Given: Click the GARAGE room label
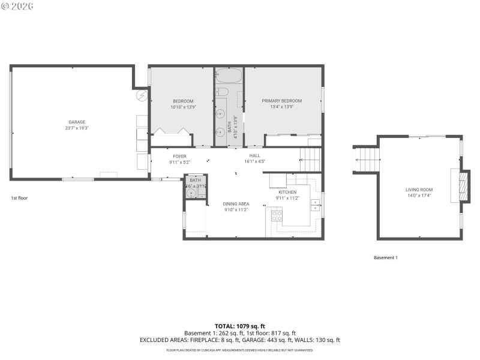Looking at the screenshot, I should tap(76, 122).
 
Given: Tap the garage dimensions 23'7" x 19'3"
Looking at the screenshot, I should tap(76, 128).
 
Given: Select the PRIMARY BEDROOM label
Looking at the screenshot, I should tap(281, 101).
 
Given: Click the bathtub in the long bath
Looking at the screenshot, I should tap(229, 76).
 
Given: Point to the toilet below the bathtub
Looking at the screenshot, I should tap(221, 92).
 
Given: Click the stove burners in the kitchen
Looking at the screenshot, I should tap(277, 215).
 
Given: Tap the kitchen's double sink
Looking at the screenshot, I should tap(316, 205).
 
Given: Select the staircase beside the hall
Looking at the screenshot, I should tap(310, 160).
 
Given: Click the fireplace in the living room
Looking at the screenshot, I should tap(461, 187).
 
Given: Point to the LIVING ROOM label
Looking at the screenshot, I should tap(419, 190).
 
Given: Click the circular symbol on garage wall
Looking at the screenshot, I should tap(142, 95).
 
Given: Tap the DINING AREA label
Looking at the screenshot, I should tap(236, 204).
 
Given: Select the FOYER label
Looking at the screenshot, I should tap(180, 156).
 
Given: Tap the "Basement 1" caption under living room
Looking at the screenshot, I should tap(386, 257).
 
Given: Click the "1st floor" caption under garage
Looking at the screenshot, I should tap(19, 197).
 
